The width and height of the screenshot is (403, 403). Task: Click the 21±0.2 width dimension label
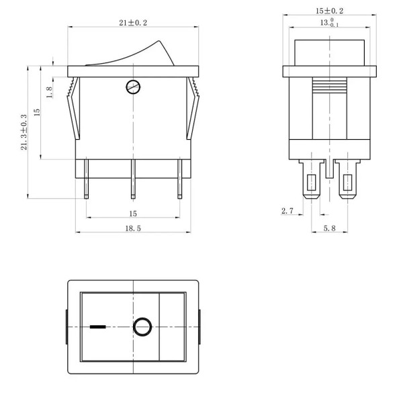133,23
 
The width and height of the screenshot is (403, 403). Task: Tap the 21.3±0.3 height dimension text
24,132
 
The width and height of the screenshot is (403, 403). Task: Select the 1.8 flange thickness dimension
49,92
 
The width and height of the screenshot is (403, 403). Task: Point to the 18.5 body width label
133,228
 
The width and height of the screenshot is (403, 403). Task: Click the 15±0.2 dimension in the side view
330,11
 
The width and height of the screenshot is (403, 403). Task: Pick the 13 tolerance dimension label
329,23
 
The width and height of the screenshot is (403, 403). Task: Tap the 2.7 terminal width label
287,211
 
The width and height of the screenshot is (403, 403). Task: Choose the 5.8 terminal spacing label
330,228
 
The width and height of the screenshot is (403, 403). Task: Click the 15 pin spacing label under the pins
133,214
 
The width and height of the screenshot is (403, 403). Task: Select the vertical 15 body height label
37,112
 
